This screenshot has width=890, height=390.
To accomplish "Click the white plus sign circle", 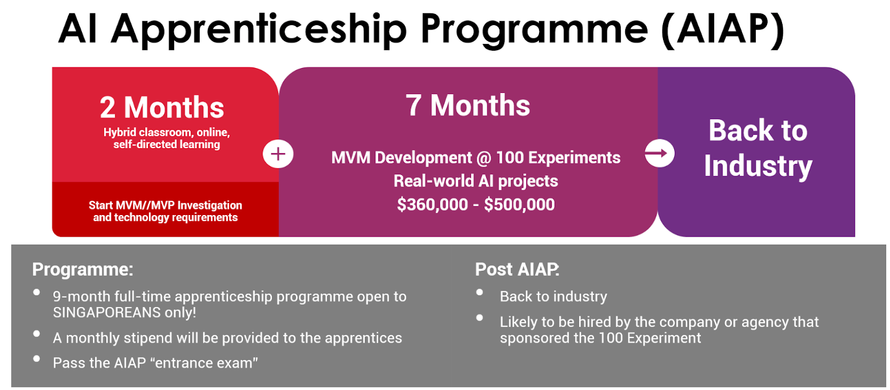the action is point(278,154).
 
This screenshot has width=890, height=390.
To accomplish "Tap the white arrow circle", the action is point(660,153).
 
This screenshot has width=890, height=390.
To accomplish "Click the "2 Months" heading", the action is point(162,108).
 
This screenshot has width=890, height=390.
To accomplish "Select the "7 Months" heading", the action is point(468,105).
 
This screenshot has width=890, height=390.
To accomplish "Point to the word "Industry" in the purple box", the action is point(758,167).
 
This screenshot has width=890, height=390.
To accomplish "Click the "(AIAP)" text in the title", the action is point(723,31).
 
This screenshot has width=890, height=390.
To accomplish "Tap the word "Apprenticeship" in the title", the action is point(259,31).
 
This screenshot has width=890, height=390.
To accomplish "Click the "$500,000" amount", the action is point(520,204).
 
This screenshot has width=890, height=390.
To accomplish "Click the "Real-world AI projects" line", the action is point(476,182).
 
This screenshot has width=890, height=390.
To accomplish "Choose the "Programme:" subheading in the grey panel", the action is point(83,270).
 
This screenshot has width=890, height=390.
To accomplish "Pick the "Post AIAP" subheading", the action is point(517,270).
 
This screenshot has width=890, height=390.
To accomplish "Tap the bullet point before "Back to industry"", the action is point(479,292).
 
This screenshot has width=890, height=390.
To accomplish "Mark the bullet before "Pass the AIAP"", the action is point(37,359).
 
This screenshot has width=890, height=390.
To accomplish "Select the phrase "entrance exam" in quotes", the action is point(206,363).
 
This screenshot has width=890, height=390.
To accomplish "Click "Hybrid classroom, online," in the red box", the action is point(166,133).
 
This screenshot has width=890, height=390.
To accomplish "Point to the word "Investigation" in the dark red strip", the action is point(209,206).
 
